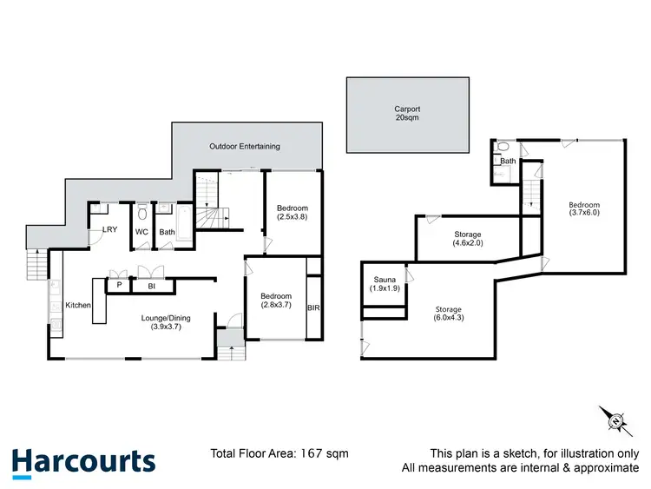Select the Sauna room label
click(384, 284)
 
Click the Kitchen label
click(78, 305)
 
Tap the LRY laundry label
click(109, 230)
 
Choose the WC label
click(141, 232)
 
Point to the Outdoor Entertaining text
click(245, 146)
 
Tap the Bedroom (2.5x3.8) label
click(292, 213)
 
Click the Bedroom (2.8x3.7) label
click(276, 301)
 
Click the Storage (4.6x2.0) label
click(467, 239)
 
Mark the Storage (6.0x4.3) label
click(449, 314)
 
